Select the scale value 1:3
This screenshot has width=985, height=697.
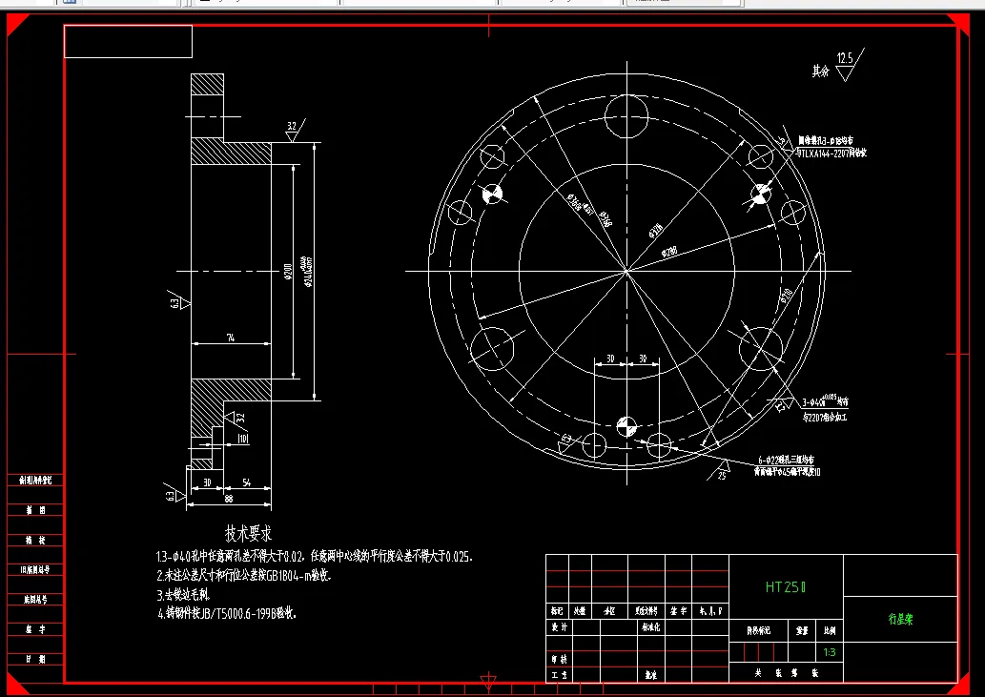(x=830, y=652)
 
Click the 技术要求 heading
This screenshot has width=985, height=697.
(x=249, y=534)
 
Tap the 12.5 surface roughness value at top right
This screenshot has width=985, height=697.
(x=845, y=59)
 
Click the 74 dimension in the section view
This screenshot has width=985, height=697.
(x=231, y=338)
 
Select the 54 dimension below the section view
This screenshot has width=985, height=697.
(x=247, y=482)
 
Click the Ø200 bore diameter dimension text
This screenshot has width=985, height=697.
(x=288, y=275)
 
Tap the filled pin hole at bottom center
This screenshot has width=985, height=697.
(x=626, y=425)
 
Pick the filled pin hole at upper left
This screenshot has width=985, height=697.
(x=492, y=195)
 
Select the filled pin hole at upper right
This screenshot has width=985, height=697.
(x=761, y=195)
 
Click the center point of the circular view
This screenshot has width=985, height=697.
(x=626, y=272)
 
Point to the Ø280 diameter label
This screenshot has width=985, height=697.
(x=668, y=252)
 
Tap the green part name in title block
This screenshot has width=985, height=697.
(x=900, y=619)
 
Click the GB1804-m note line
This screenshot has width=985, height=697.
(x=245, y=575)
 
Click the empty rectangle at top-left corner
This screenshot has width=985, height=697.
(x=128, y=42)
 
